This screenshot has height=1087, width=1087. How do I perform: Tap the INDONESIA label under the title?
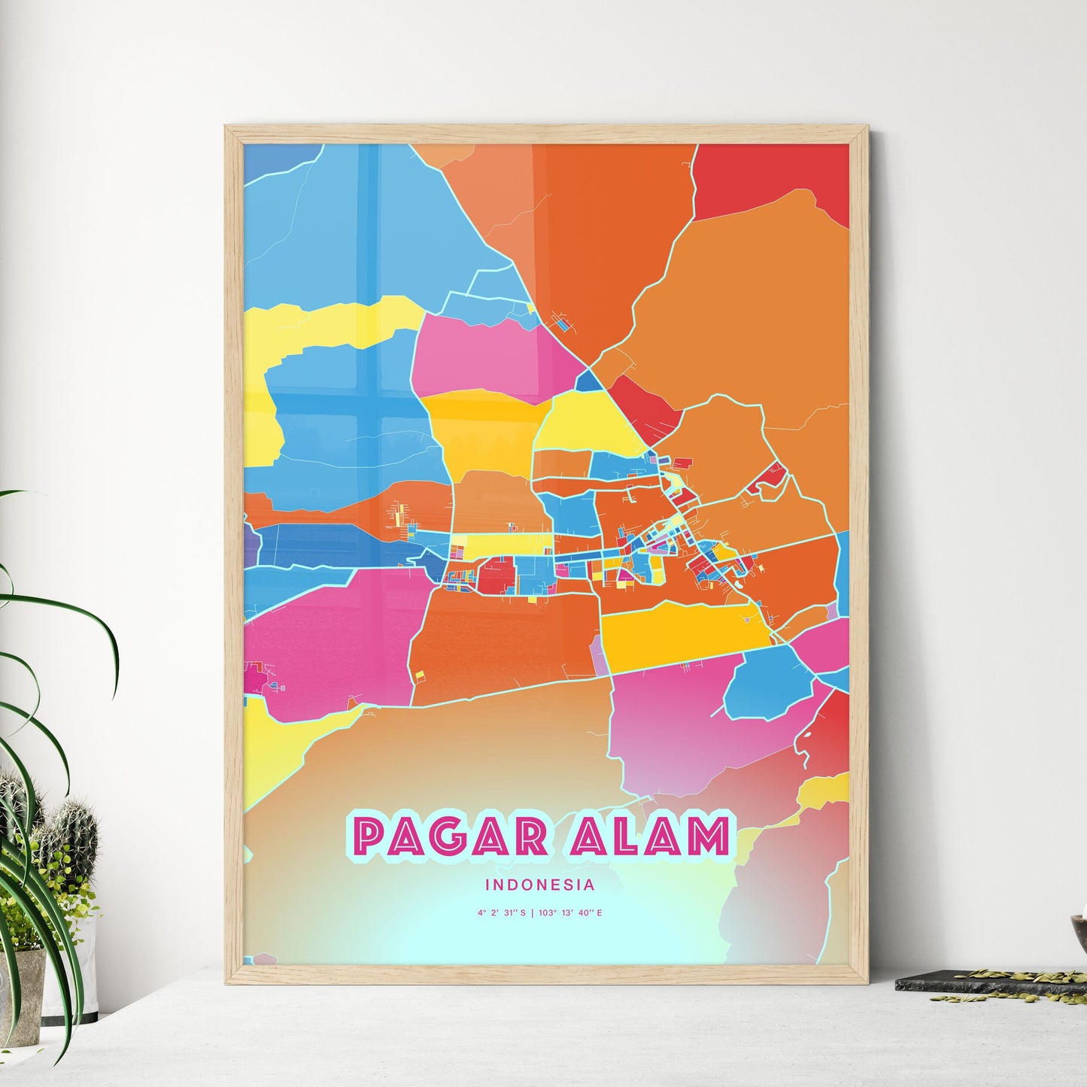[540, 885]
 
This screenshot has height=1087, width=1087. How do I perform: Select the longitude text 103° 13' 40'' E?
[569, 913]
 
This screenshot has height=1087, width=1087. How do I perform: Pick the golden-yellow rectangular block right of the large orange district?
[681, 628]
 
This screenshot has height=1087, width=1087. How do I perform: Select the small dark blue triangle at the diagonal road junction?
[588, 381]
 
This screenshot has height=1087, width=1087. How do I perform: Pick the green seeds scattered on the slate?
[1000, 978]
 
